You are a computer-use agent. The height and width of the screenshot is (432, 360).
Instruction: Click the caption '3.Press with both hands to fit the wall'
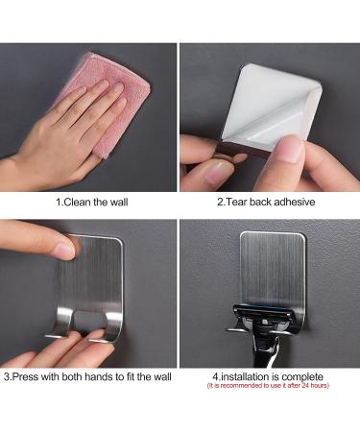89,377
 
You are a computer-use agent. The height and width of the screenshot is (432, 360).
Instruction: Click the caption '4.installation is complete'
268,376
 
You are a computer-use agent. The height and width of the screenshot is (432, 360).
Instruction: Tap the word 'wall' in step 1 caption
114,203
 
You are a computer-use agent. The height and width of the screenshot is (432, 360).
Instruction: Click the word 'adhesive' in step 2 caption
292,203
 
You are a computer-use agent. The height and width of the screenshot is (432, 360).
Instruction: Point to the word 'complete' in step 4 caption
302,376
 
